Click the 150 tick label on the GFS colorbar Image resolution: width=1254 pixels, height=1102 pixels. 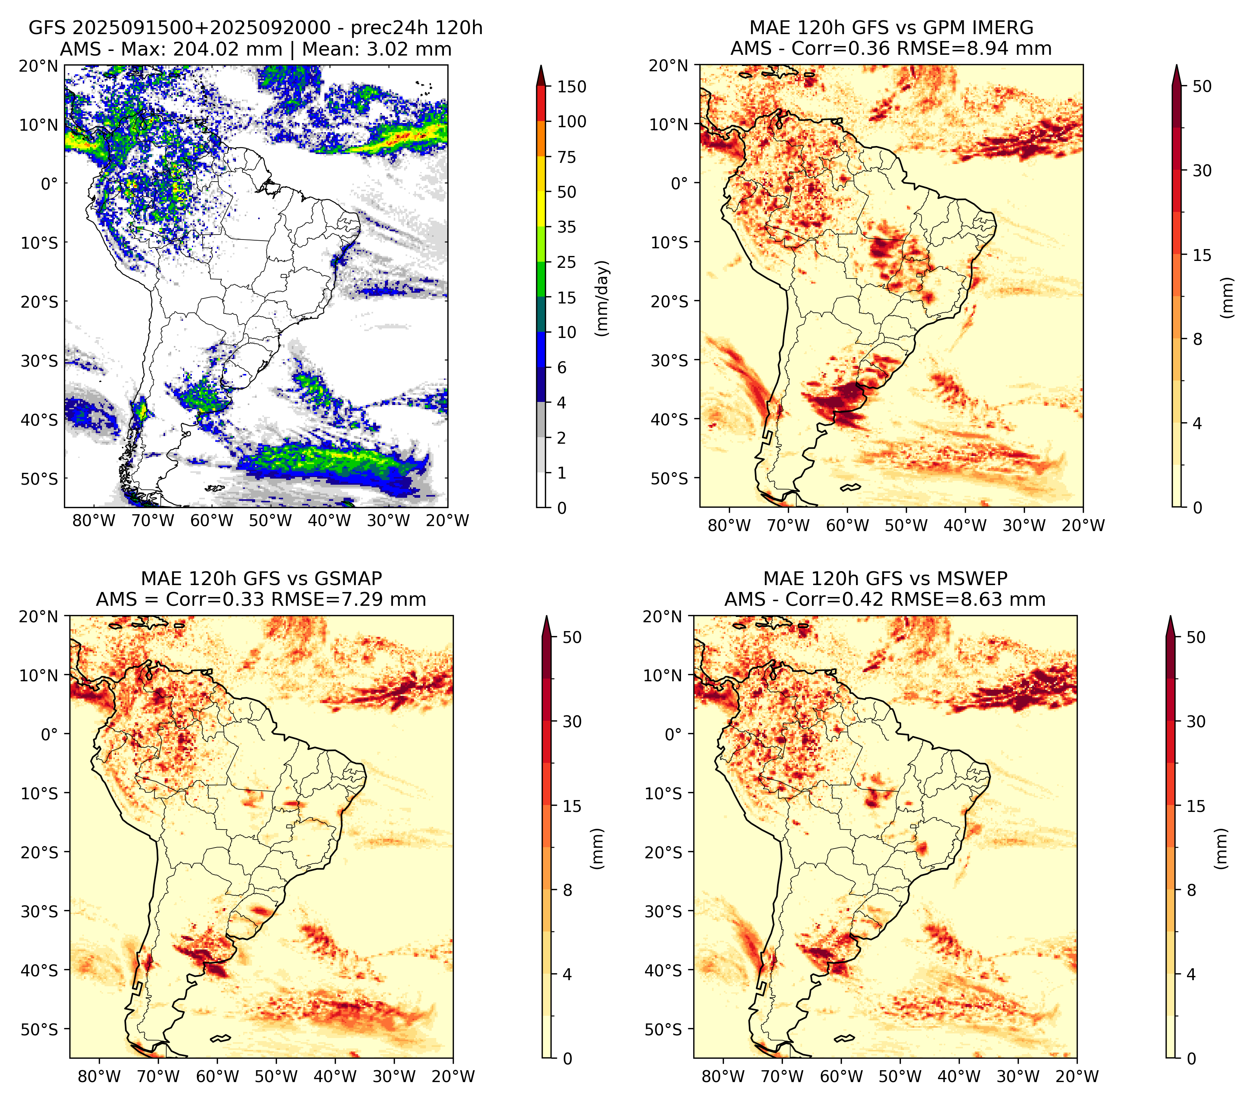point(572,87)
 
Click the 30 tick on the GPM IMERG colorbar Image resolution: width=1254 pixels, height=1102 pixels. point(1202,171)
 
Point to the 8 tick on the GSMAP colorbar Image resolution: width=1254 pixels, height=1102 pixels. point(568,890)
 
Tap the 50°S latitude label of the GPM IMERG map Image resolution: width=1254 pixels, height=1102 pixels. point(670,478)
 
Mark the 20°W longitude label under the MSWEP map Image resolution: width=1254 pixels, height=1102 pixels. point(1077,1076)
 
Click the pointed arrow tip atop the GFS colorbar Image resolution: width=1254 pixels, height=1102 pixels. point(540,66)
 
